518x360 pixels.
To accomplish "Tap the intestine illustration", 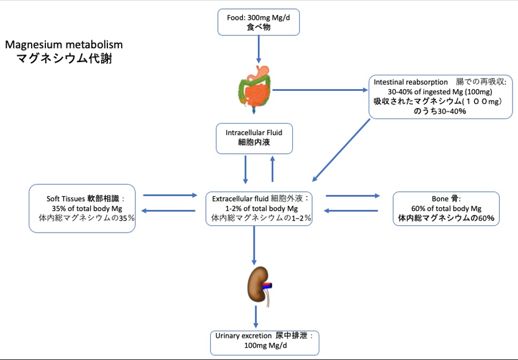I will [x=256, y=89].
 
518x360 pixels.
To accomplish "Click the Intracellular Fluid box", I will [x=254, y=138].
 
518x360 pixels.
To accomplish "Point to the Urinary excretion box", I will [x=265, y=342].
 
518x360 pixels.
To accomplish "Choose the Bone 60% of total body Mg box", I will [x=446, y=209].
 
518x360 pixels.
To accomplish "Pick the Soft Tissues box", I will [x=82, y=209].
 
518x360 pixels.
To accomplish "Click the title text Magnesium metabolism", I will [x=64, y=44].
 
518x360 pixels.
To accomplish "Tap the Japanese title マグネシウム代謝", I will [x=64, y=58].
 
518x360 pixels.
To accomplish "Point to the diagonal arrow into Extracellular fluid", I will [x=342, y=150].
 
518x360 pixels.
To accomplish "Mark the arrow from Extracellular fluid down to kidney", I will [x=254, y=245].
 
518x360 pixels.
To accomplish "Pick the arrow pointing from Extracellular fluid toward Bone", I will [x=353, y=196].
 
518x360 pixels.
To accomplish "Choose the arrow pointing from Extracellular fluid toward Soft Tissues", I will [x=169, y=210].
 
